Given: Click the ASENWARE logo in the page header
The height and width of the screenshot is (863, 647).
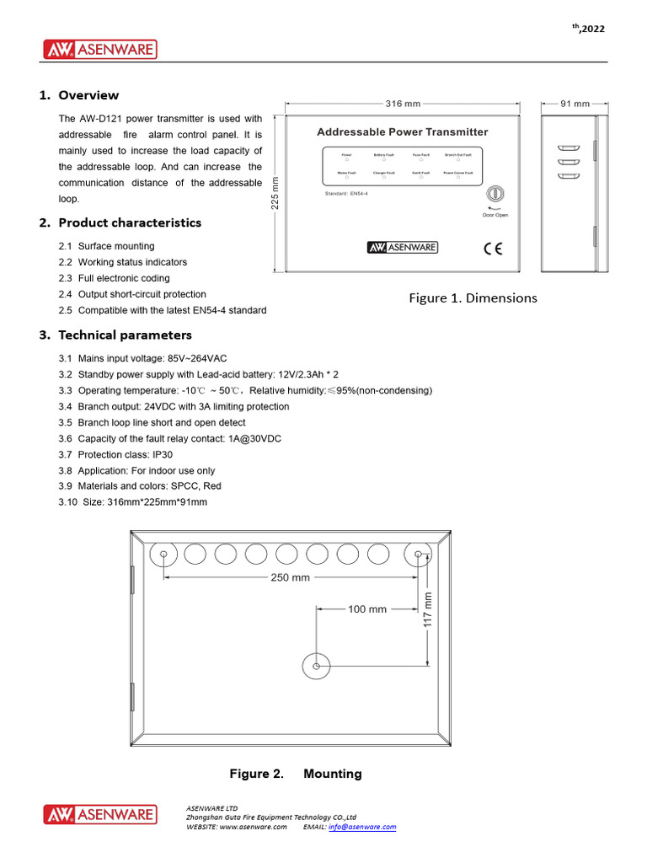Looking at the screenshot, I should [x=100, y=50].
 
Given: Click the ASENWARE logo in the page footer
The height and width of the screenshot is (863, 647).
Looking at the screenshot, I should [x=100, y=815].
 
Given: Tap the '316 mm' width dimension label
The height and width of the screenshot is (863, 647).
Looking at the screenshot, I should [x=403, y=104].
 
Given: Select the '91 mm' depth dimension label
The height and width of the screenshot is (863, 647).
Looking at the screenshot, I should [x=575, y=104].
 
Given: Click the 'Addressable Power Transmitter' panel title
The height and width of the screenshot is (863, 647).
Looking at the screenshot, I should [x=402, y=132].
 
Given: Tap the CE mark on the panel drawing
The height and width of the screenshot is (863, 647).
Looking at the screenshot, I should [x=493, y=248].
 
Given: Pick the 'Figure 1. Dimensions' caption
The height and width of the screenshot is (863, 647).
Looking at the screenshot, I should [x=473, y=297].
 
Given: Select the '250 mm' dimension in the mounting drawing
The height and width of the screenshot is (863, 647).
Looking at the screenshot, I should [x=291, y=577].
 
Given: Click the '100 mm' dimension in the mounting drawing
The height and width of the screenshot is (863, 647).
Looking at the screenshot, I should [x=367, y=608].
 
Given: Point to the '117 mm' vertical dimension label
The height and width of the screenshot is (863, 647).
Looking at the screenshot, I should [x=428, y=608].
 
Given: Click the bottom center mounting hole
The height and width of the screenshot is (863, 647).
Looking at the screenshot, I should [x=315, y=666].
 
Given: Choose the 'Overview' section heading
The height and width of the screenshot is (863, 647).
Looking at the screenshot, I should [x=88, y=95].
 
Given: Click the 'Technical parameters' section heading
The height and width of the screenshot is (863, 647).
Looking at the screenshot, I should [x=125, y=335].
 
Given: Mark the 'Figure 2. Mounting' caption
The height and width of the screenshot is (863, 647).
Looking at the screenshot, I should [x=296, y=774].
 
